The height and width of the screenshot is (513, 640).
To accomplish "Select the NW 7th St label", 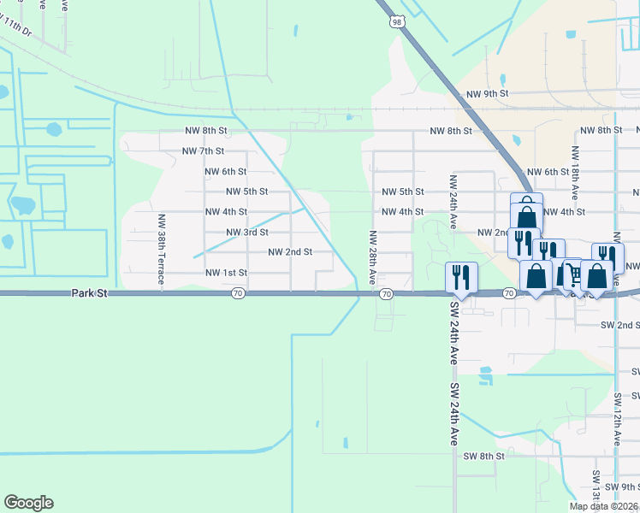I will (203, 151).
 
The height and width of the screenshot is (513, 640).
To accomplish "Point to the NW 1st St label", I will (226, 273).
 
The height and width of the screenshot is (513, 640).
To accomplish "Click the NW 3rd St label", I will (247, 232).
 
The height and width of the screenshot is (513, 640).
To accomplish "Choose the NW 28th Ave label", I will (372, 257).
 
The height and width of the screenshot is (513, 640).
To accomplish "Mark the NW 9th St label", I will (488, 93).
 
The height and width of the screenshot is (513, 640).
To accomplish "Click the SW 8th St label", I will (483, 457).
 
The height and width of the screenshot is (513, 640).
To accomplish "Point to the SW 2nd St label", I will (620, 325).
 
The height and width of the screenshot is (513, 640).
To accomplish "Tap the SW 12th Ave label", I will (616, 419).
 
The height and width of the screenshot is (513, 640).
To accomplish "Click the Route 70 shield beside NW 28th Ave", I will (386, 294).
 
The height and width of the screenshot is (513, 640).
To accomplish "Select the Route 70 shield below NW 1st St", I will (238, 294).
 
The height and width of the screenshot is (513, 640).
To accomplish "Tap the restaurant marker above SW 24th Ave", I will (461, 276).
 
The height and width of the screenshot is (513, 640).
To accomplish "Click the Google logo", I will (28, 503).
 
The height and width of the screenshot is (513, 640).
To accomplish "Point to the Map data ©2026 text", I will (603, 506).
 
